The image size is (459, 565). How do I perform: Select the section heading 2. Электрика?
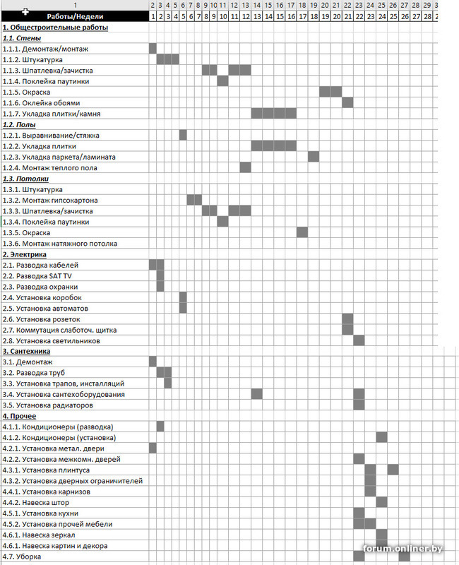[25, 254]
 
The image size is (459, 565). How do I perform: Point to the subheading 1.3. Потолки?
[22, 179]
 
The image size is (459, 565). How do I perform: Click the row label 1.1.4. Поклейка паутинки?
[49, 81]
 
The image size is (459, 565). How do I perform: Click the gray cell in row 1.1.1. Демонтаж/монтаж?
[153, 49]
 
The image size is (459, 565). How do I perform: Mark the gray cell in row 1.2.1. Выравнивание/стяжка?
[183, 135]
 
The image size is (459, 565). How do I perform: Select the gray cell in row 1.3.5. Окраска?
[302, 232]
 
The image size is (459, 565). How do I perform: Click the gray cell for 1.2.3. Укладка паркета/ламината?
[314, 157]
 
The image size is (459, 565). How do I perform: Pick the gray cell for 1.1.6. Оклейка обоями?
[347, 102]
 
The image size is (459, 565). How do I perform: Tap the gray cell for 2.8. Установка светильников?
[359, 340]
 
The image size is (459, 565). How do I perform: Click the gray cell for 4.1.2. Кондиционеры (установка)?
[381, 437]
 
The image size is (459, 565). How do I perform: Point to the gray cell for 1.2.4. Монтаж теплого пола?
[245, 167]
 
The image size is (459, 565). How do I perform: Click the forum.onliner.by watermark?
[404, 549]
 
